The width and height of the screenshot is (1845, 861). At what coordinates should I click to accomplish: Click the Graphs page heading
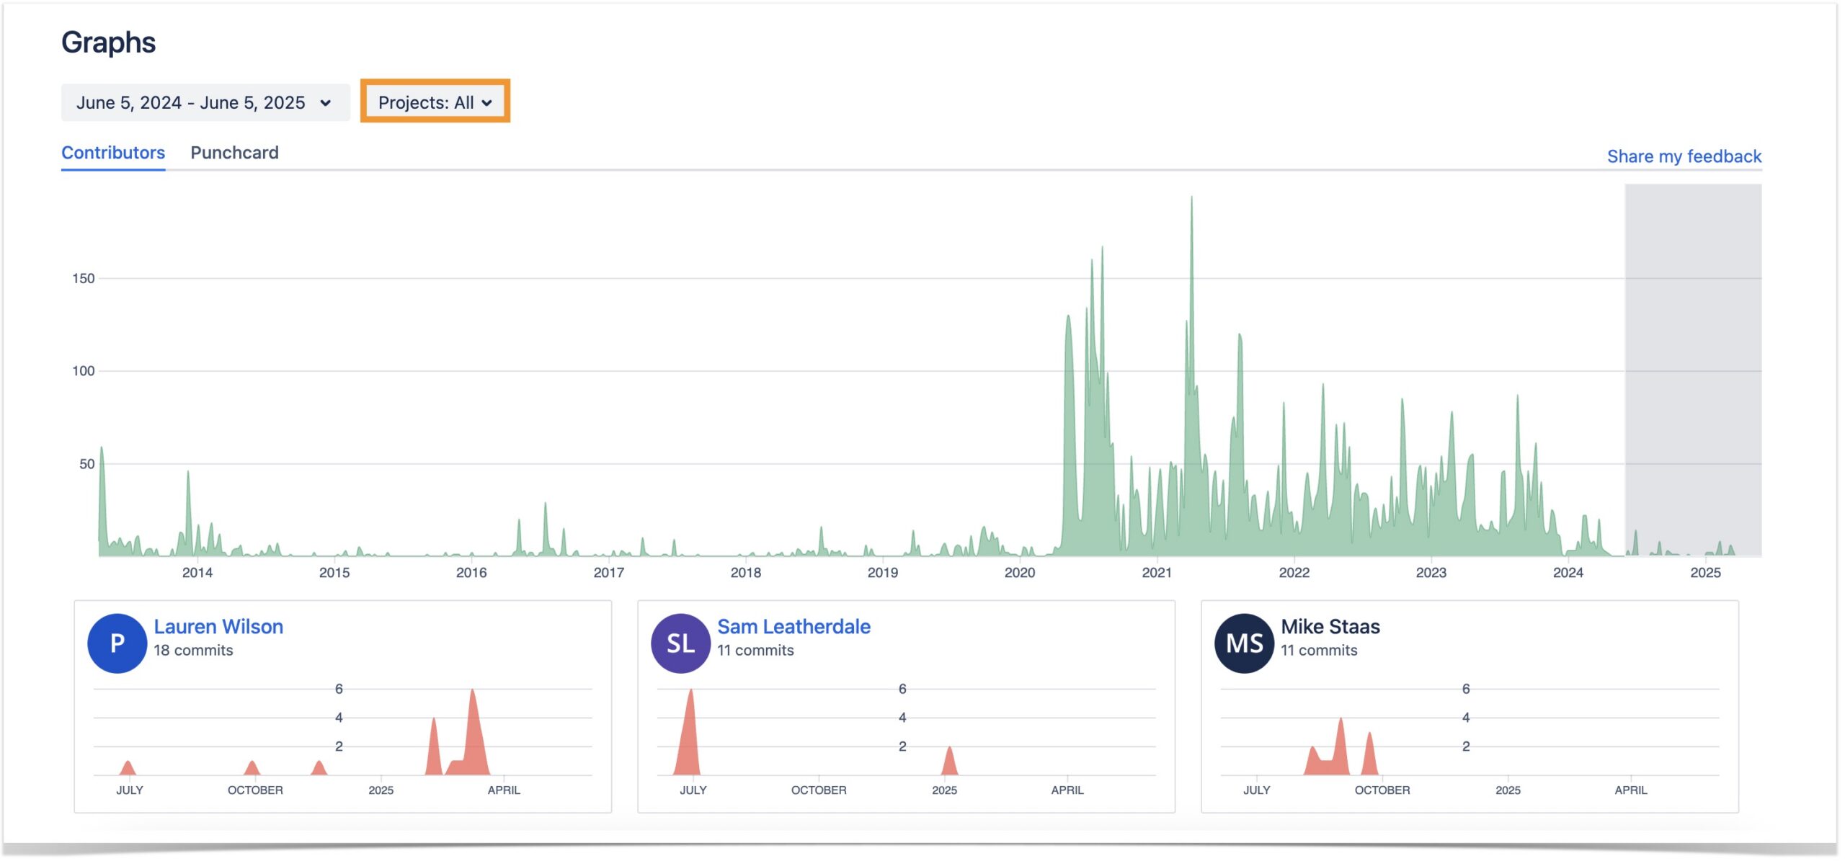tap(108, 43)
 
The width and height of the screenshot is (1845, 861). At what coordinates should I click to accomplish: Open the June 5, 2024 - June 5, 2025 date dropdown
tap(205, 103)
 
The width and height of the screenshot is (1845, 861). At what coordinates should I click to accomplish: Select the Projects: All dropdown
tap(435, 102)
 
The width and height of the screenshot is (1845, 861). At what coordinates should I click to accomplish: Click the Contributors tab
tap(113, 153)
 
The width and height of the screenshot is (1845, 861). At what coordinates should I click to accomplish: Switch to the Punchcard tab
tap(234, 153)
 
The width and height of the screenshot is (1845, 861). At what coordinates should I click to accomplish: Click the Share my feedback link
tap(1684, 156)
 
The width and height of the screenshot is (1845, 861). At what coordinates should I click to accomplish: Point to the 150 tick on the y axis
tap(84, 278)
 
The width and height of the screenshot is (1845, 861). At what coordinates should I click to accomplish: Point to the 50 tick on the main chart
tap(86, 464)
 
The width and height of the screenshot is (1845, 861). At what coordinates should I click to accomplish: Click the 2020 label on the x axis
tap(1020, 573)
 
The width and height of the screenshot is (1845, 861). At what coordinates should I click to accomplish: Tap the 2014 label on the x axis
tap(197, 573)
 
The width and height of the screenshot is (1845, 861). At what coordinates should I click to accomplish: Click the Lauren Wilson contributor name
tap(218, 627)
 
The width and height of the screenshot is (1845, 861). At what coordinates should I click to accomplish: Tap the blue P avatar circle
tap(117, 643)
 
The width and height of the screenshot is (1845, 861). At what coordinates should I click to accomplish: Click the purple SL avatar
tap(680, 643)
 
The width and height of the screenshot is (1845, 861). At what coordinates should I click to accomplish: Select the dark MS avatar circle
tap(1244, 643)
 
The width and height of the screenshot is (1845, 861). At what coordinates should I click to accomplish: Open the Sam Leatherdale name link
tap(793, 627)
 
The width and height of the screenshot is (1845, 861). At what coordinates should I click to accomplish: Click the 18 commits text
tap(193, 651)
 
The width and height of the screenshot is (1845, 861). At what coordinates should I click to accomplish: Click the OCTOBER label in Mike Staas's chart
tap(1382, 790)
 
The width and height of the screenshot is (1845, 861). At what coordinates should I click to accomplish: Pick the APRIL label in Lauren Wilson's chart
tap(503, 790)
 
